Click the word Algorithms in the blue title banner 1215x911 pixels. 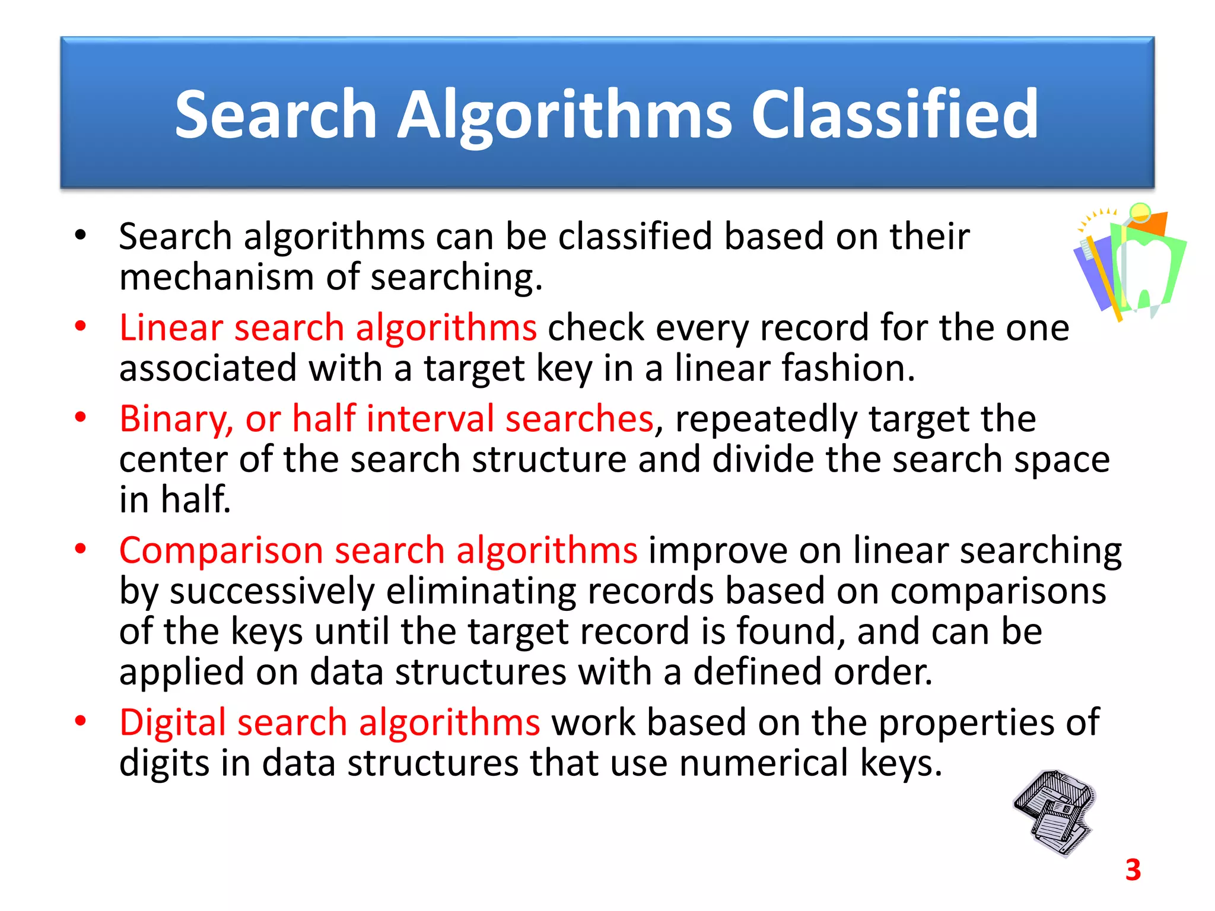pyautogui.click(x=564, y=114)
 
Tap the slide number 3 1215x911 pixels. pyautogui.click(x=1133, y=870)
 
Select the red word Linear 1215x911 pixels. pyautogui.click(x=172, y=327)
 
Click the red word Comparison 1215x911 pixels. pyautogui.click(x=221, y=550)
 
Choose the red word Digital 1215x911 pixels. pyautogui.click(x=173, y=722)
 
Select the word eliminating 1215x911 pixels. pyautogui.click(x=481, y=591)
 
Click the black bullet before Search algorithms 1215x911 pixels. pyautogui.click(x=81, y=235)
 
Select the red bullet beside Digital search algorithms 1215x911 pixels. pyautogui.click(x=81, y=721)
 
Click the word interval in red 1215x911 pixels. pyautogui.click(x=430, y=419)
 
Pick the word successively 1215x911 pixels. pyautogui.click(x=272, y=591)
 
